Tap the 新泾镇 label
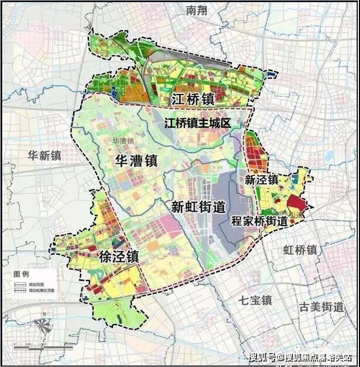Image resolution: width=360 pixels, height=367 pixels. (262, 179)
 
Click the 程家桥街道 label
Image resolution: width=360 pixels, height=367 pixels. (259, 221)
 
